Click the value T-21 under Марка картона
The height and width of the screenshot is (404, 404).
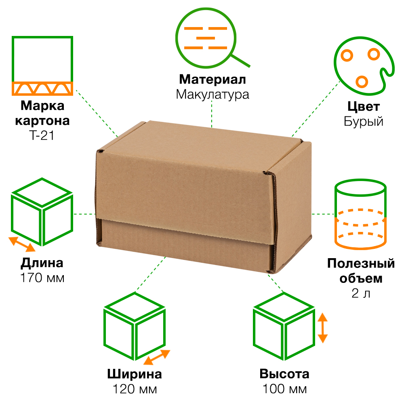click(x=42, y=135)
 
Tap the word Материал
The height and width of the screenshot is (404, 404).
click(x=213, y=79)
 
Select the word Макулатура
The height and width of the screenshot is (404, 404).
click(x=213, y=94)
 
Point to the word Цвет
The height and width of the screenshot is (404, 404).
click(x=363, y=106)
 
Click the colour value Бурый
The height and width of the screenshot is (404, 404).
click(x=363, y=121)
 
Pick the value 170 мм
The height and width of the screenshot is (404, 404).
click(x=42, y=278)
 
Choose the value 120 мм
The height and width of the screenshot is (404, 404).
click(x=135, y=389)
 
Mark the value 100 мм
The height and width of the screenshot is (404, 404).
click(x=284, y=389)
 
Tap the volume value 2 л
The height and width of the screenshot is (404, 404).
click(x=361, y=293)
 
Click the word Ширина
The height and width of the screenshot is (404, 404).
click(x=135, y=374)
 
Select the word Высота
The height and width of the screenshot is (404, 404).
click(x=284, y=374)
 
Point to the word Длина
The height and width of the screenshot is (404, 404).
click(x=42, y=263)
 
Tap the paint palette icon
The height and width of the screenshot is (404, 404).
click(x=364, y=66)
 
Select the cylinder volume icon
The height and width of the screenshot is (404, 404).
click(x=360, y=215)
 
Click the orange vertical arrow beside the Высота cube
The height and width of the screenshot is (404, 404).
click(x=322, y=328)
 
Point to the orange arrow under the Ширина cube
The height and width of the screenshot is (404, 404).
click(x=157, y=358)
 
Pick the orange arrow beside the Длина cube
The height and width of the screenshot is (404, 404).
click(x=22, y=244)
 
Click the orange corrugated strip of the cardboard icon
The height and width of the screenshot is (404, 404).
click(x=42, y=88)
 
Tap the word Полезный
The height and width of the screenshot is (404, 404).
click(x=361, y=263)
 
